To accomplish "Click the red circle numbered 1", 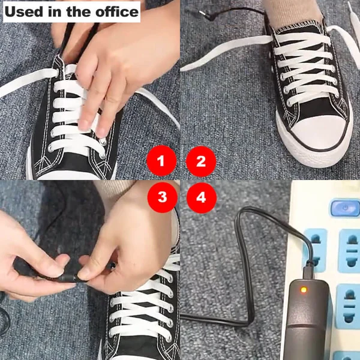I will click(160, 161).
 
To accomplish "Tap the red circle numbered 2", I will click(201, 161).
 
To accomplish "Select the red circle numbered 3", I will click(160, 197).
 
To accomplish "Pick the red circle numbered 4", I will click(201, 197).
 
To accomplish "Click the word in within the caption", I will click(56, 11).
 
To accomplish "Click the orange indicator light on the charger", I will click(305, 291).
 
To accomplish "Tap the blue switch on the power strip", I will click(344, 209).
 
